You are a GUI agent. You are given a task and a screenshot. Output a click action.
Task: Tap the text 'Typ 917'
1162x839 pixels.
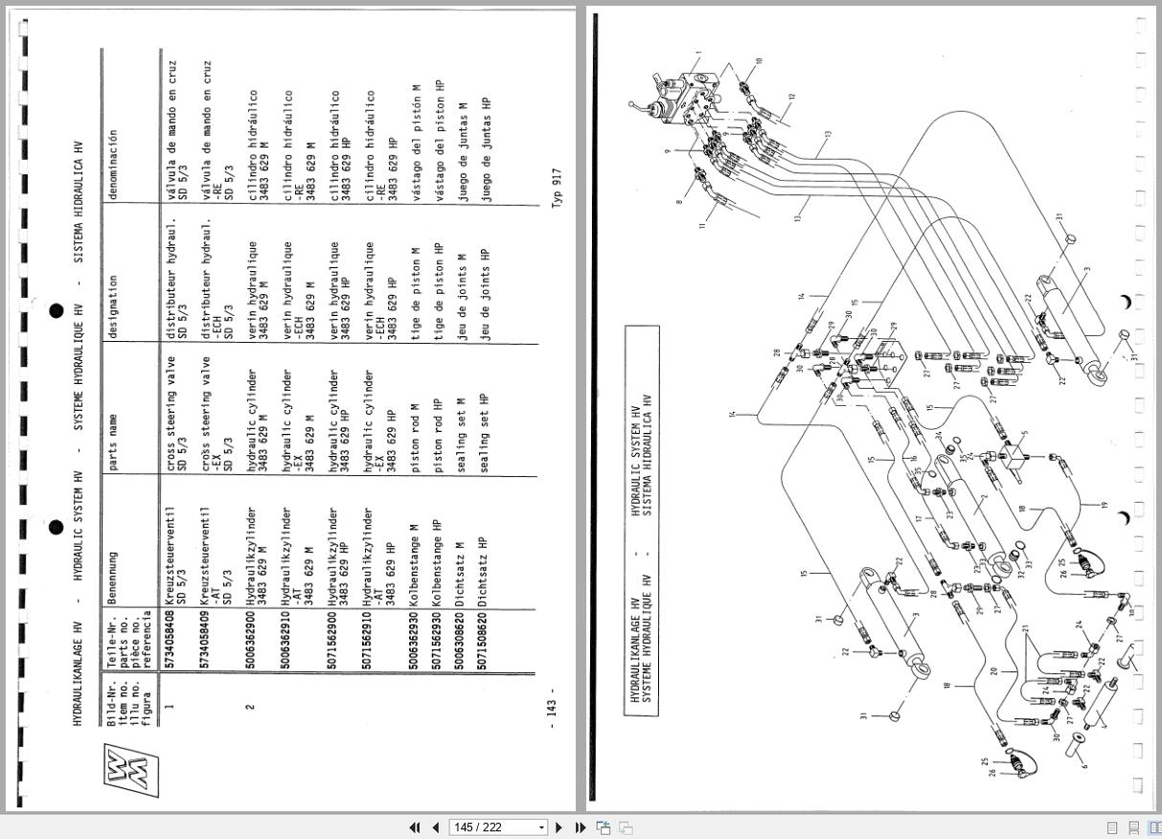coord(557,186)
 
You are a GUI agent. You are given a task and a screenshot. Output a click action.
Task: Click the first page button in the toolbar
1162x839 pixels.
coord(415,828)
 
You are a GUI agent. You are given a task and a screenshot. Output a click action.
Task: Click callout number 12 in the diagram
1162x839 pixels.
coord(791,96)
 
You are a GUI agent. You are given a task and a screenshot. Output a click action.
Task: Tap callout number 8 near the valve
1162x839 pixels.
coord(679,201)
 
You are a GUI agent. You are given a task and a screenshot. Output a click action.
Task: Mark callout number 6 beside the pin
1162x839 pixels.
coord(1083,765)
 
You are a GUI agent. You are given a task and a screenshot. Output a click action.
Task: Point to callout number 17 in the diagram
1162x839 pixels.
coord(917,519)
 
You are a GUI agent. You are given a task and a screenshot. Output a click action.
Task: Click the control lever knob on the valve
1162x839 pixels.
coord(632,104)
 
